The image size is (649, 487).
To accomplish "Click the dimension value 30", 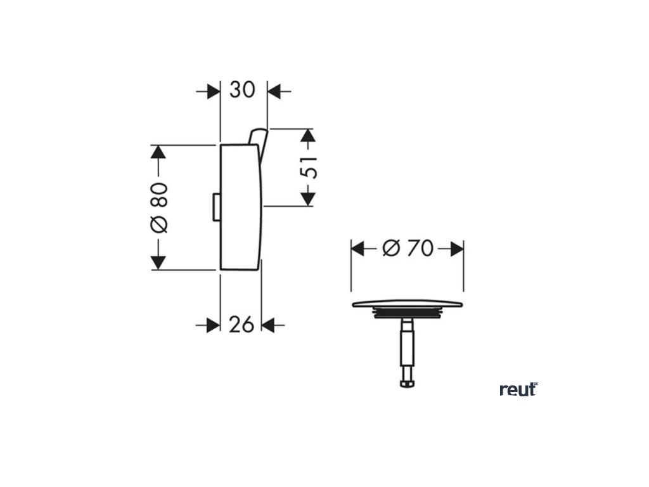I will coord(242,91).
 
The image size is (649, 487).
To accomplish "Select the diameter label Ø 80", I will coord(158,207).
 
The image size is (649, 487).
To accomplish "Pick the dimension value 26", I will coord(241,325).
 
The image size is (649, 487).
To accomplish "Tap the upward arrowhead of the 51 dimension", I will coord(307,136).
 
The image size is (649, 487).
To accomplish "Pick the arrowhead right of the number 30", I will coord(274,91).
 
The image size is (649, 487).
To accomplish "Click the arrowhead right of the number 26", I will coord(268,325).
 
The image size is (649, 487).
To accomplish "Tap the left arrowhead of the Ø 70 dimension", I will coord(359,249).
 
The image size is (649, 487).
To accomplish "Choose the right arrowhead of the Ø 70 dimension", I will coord(456,249).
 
